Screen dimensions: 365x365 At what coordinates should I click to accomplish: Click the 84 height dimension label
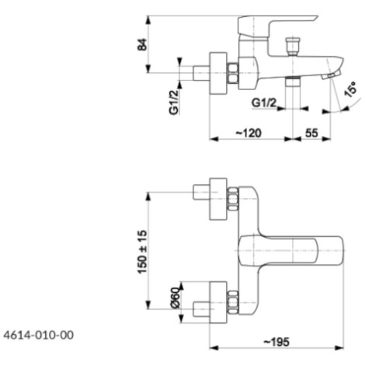tap(142, 44)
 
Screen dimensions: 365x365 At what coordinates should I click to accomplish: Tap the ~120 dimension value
tap(249, 133)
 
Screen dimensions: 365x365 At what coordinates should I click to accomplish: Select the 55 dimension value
tap(311, 133)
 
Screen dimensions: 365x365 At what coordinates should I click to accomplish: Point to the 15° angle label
tap(350, 89)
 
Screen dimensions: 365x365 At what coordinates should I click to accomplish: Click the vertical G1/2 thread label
tap(174, 102)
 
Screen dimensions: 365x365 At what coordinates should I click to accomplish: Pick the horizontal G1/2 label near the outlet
tap(264, 103)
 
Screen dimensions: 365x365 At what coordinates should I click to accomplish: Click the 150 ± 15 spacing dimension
tap(142, 252)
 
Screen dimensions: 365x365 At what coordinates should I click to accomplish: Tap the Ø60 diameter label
tap(176, 297)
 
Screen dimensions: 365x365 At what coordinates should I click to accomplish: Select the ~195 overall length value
tap(276, 342)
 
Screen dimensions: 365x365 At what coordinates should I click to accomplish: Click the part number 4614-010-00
tap(39, 335)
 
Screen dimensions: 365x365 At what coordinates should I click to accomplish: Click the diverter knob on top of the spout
tap(293, 47)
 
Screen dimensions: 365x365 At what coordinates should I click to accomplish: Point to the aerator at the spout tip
tap(330, 76)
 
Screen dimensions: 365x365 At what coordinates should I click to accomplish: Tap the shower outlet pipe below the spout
tap(293, 82)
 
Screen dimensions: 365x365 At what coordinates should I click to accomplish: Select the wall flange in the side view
tap(218, 73)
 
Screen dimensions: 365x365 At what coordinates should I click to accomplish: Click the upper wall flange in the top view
tap(218, 199)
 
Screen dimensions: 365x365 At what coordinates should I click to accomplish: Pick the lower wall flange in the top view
tap(218, 302)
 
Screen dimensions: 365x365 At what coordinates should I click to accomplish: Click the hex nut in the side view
tap(233, 73)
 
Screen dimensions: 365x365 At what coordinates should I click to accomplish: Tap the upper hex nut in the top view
tap(233, 199)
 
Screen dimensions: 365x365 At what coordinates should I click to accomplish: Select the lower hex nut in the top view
tap(233, 302)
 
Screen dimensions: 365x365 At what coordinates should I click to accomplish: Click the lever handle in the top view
tap(290, 251)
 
